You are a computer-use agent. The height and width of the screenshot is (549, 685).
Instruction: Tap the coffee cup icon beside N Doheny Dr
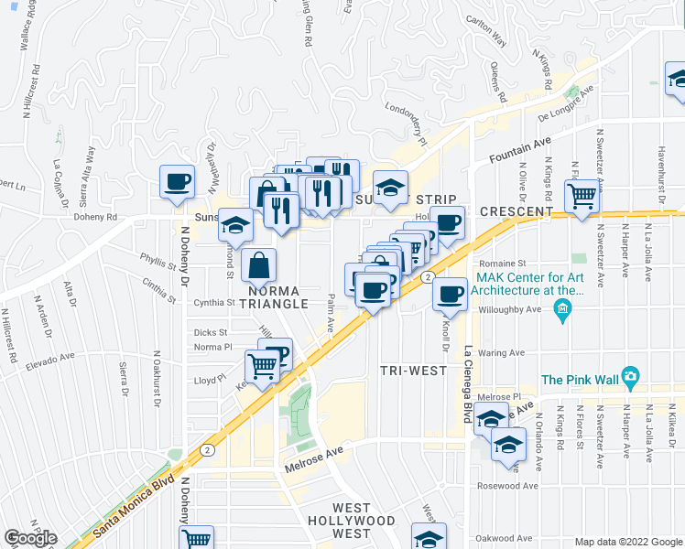click(x=178, y=181)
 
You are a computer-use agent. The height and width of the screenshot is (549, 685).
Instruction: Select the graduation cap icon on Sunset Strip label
click(x=390, y=188)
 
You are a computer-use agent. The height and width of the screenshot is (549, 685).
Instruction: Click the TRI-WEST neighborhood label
click(x=413, y=371)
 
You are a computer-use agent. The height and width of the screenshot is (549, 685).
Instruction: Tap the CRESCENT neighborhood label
click(x=516, y=211)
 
